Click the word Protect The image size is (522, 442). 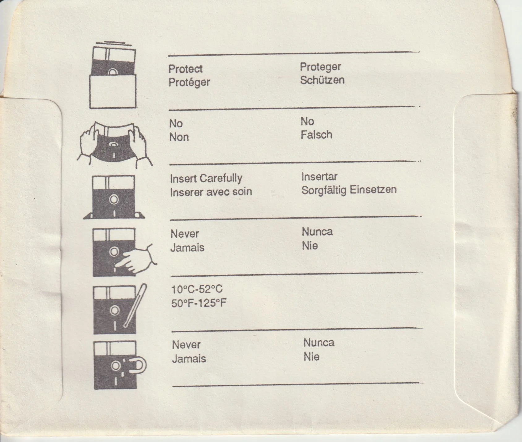185,69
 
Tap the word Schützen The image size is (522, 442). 322,80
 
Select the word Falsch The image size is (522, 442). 316,134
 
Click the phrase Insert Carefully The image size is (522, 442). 206,178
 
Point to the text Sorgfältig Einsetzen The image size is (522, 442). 349,189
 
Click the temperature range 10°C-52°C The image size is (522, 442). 197,289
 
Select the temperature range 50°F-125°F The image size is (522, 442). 199,303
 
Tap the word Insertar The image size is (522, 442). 319,176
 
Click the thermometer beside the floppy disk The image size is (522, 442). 135,305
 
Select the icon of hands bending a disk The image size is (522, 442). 114,144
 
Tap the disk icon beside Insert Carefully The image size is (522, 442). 114,197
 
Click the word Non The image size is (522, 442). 179,137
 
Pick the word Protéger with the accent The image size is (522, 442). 189,82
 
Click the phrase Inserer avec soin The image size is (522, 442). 211,192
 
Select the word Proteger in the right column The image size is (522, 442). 320,67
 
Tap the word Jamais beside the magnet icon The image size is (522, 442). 189,359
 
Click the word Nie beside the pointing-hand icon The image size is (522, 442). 310,246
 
